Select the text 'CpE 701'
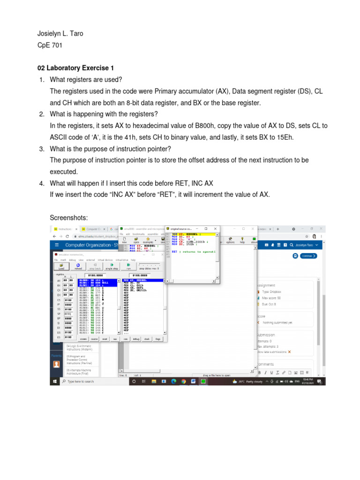[x=49, y=46]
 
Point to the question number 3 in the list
[x=41, y=149]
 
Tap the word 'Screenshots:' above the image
[x=68, y=218]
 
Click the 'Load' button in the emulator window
[x=61, y=266]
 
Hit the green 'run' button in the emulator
[x=128, y=266]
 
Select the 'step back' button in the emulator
[x=95, y=266]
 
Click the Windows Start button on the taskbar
[x=56, y=382]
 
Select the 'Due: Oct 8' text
[x=269, y=304]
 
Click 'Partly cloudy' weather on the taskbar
[x=254, y=382]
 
